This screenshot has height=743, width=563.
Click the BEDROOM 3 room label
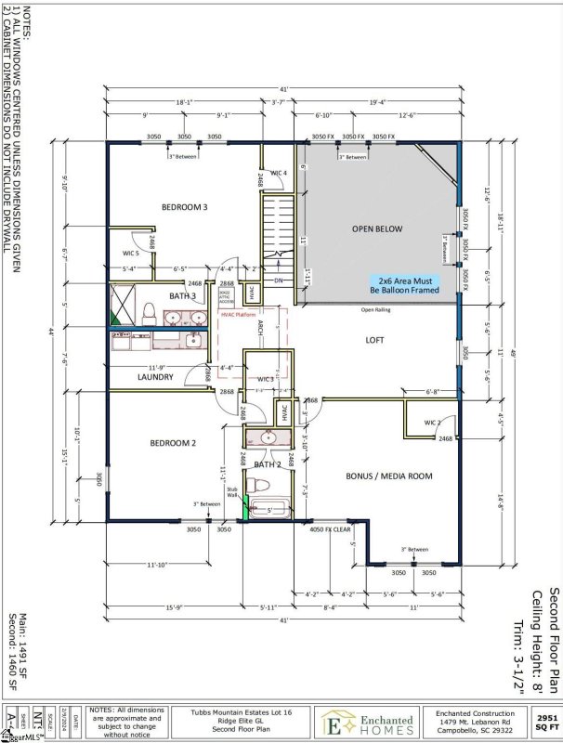(x=185, y=207)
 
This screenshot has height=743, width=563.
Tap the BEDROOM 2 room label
(x=173, y=444)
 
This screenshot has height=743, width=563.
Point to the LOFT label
(x=374, y=341)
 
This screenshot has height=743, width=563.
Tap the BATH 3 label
(x=181, y=296)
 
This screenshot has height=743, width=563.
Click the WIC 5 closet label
(x=130, y=253)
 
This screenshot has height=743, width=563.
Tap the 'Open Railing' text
(x=376, y=309)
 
